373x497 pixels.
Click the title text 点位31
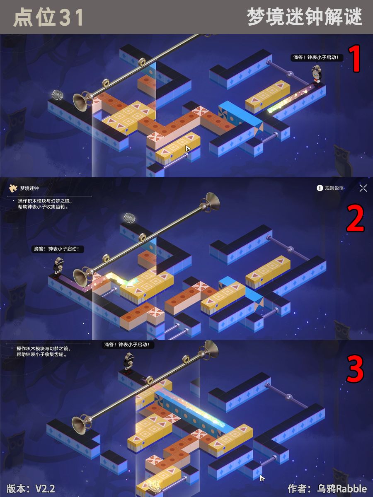[48, 17]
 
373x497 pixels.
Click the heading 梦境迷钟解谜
[305, 17]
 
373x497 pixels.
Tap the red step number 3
[355, 369]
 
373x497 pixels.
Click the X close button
[363, 188]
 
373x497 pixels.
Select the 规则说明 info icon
[320, 188]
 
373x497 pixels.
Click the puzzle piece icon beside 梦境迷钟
[13, 188]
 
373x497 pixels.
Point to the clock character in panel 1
[316, 76]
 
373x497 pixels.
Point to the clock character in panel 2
[58, 268]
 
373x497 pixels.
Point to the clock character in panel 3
[128, 363]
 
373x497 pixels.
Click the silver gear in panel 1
[57, 95]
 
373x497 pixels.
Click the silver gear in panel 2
[130, 218]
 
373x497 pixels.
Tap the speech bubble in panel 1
[317, 58]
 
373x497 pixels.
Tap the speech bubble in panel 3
[127, 345]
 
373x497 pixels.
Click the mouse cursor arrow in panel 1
[188, 149]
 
